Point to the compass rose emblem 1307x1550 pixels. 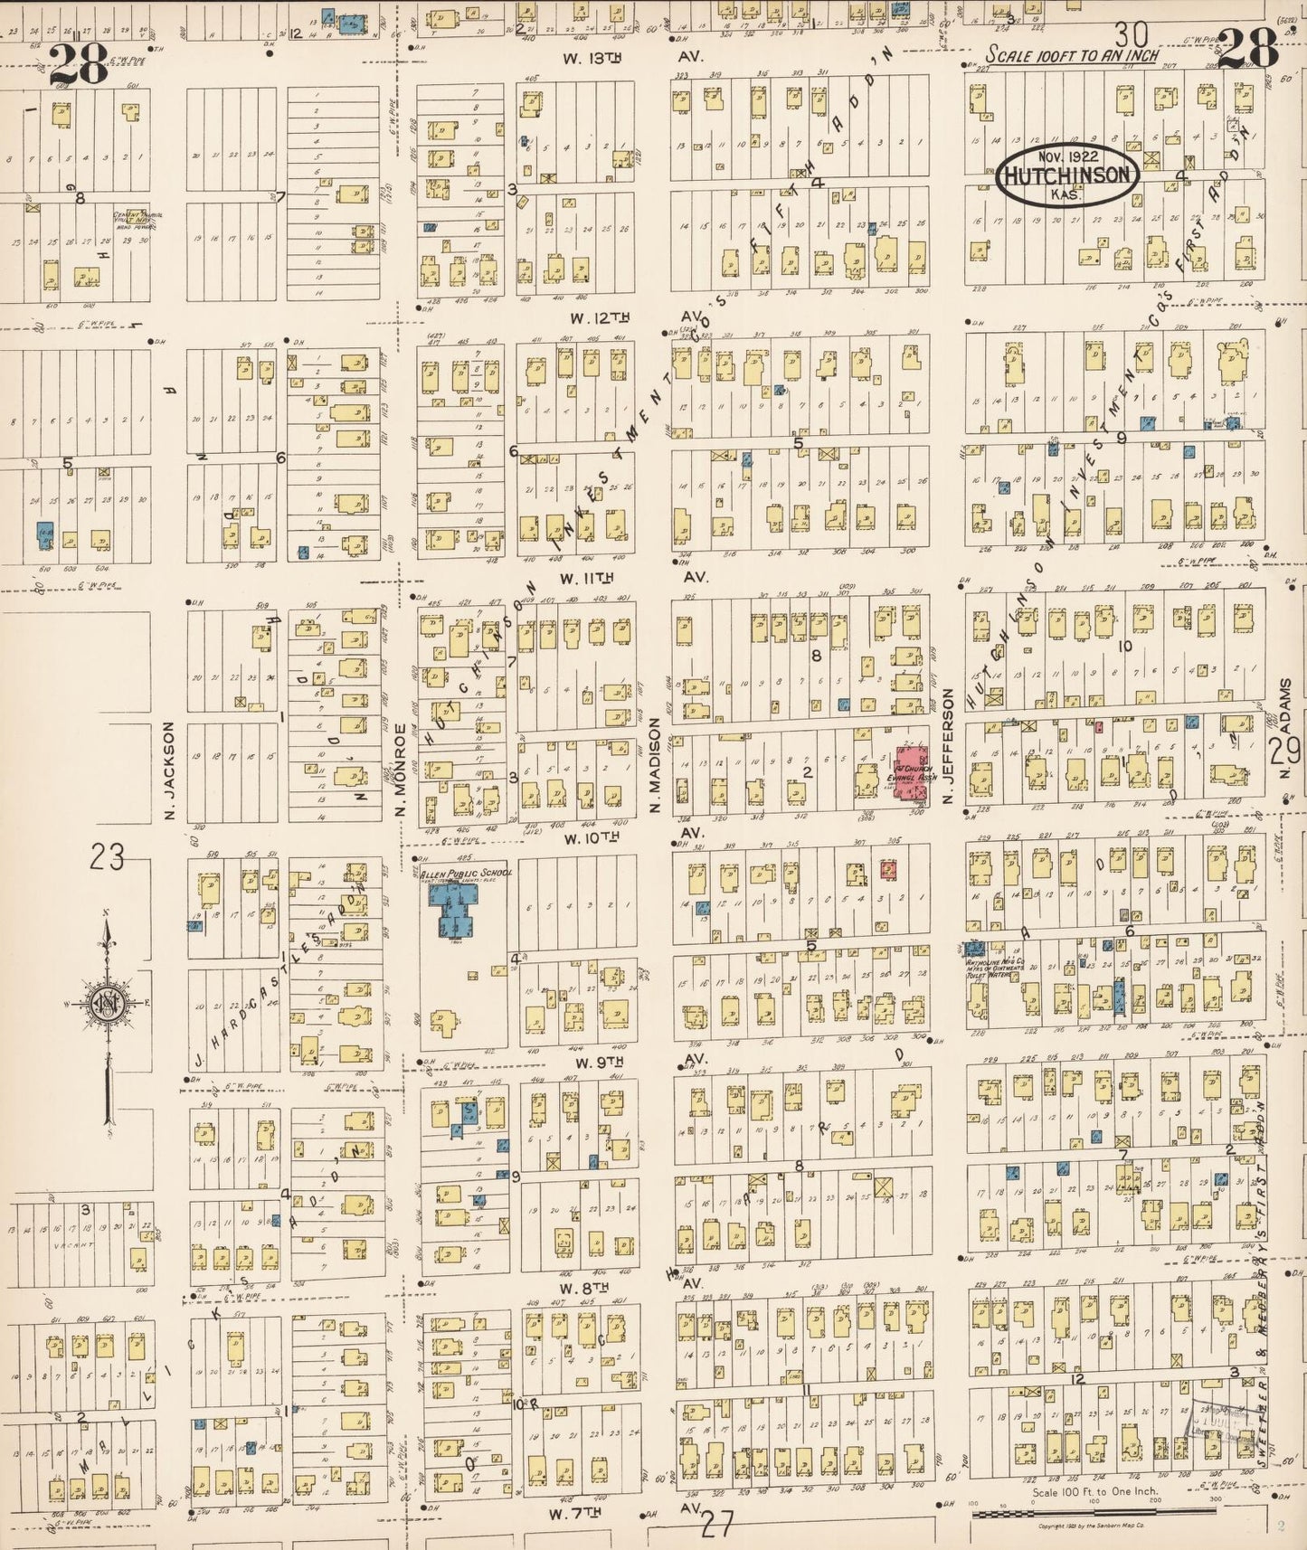click(108, 1004)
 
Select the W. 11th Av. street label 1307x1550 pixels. click(633, 577)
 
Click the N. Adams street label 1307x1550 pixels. click(1284, 719)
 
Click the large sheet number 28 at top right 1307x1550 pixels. click(1247, 47)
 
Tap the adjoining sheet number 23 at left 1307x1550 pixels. click(107, 855)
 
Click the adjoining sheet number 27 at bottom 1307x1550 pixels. click(716, 1525)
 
